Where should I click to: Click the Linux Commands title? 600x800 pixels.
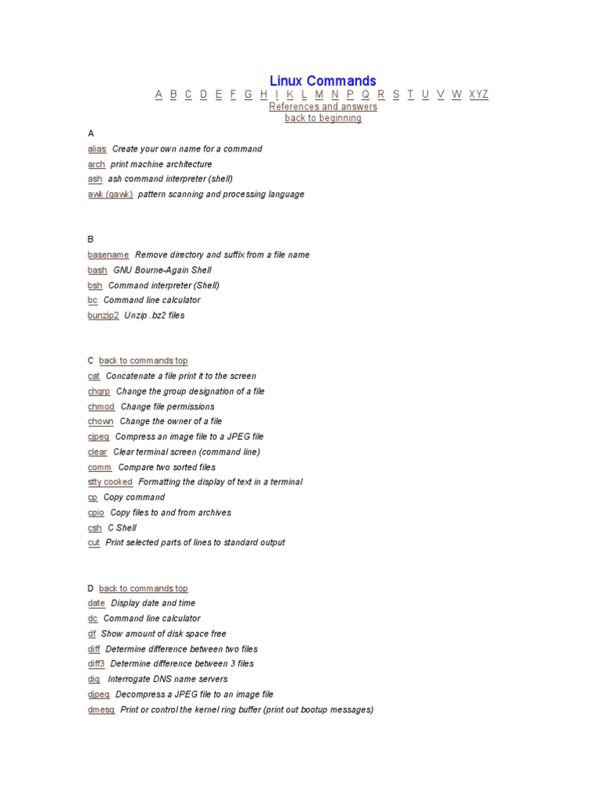(x=323, y=81)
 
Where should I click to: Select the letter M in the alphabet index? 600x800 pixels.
(x=319, y=95)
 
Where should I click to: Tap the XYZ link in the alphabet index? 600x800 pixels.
(x=478, y=95)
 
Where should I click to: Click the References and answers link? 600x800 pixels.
(x=323, y=106)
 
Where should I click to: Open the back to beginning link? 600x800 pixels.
(x=323, y=118)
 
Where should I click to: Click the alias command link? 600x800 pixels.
(x=97, y=148)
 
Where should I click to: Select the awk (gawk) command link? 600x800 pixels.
(x=110, y=194)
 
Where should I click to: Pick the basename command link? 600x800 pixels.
(x=109, y=255)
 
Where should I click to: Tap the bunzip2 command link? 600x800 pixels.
(x=103, y=316)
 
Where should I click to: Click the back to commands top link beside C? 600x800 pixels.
(x=143, y=361)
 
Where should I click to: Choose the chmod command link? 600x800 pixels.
(x=102, y=406)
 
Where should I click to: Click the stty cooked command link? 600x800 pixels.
(x=110, y=482)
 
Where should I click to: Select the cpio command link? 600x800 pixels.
(x=96, y=512)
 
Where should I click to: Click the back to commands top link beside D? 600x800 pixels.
(x=143, y=588)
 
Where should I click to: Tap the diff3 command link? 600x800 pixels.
(x=96, y=664)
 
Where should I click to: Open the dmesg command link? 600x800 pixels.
(x=102, y=709)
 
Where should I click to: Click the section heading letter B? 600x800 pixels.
(x=91, y=240)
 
